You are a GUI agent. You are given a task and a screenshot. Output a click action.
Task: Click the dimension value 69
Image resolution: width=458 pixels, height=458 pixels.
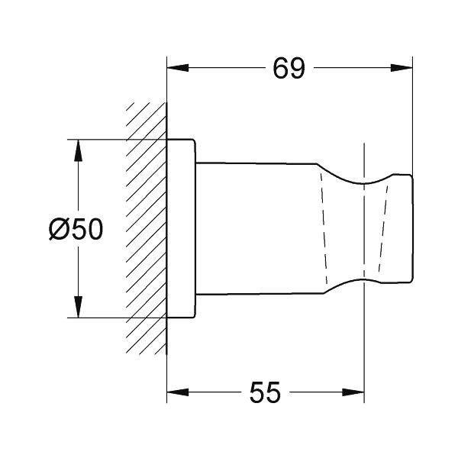point(289,69)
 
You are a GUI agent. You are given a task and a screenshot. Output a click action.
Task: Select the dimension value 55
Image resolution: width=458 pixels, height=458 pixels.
point(265,393)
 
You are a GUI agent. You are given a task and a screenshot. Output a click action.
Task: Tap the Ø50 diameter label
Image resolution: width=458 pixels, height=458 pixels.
point(76,229)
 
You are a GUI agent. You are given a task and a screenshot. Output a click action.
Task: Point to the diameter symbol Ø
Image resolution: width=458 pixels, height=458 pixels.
point(60,229)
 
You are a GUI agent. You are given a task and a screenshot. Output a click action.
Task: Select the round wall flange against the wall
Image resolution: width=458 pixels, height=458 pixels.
point(181,229)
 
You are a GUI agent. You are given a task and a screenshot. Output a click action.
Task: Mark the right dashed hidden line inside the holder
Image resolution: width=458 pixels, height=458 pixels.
point(382,229)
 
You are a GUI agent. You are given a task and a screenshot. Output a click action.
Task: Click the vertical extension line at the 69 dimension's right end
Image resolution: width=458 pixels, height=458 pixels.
point(412,114)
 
